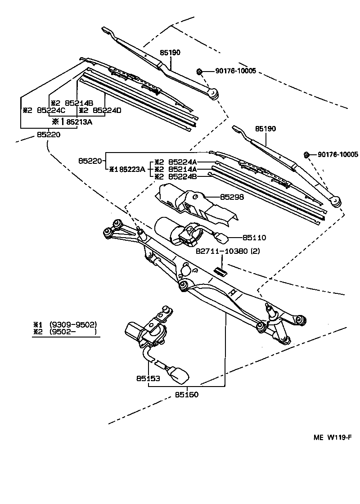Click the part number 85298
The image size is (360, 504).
coord(231,198)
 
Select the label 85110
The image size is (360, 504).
coord(254,237)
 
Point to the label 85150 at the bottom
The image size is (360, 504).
coord(186,395)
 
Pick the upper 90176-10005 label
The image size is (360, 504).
coord(235,71)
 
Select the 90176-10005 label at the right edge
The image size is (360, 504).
coord(337,154)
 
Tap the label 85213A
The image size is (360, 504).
coord(79,121)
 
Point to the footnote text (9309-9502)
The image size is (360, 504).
coord(73,324)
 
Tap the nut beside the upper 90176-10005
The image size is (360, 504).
coord(199,71)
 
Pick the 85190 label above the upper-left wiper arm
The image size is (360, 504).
coord(170,53)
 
